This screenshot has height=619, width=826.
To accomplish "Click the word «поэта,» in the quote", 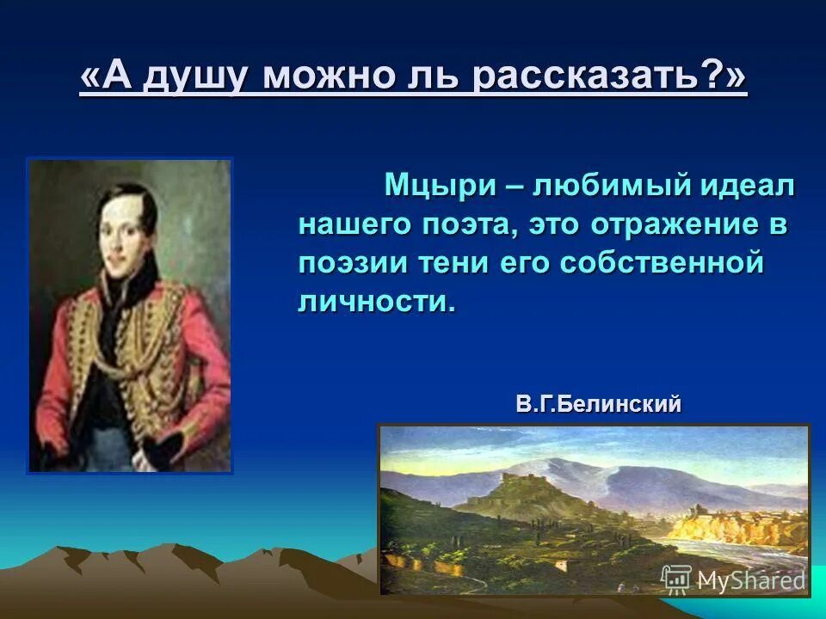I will tap(471, 224).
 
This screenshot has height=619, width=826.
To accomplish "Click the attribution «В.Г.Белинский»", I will tap(599, 404).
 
